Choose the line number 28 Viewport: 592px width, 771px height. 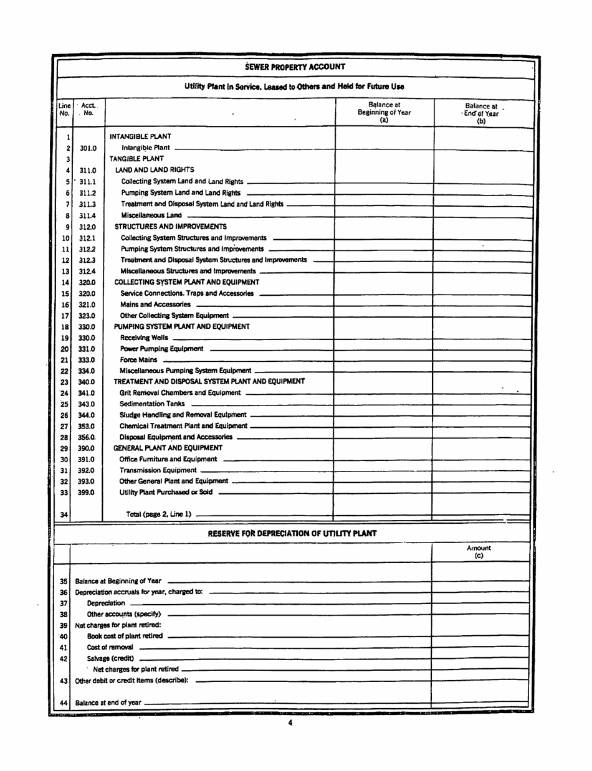[x=64, y=436]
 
